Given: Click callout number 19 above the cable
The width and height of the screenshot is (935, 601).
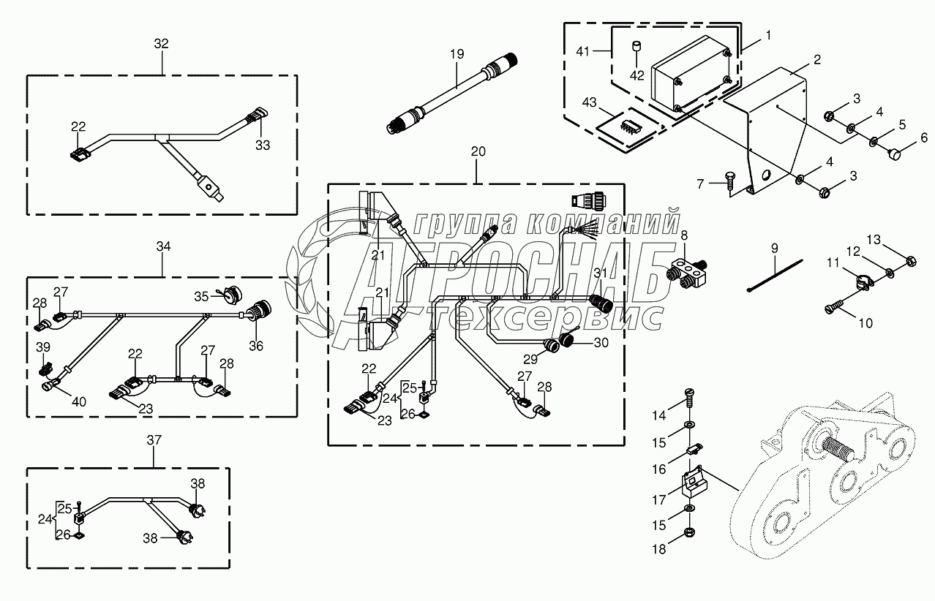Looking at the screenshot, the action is point(457,54).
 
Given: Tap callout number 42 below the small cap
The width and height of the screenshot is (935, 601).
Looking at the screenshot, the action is point(637,75).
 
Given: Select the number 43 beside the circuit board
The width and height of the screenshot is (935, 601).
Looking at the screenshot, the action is point(590,102).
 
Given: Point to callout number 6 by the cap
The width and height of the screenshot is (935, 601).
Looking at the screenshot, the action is point(924,137).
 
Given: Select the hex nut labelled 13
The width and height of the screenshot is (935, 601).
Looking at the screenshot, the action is point(911,262).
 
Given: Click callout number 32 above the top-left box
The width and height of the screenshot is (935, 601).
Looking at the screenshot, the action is point(161,43).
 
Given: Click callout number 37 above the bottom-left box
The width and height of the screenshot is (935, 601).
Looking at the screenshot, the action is point(154,439).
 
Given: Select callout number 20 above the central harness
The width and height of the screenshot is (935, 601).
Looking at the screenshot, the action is point(478,151).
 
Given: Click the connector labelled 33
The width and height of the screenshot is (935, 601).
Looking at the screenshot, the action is point(258,116).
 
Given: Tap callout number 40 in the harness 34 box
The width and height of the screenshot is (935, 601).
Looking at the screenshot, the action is point(79,401).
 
